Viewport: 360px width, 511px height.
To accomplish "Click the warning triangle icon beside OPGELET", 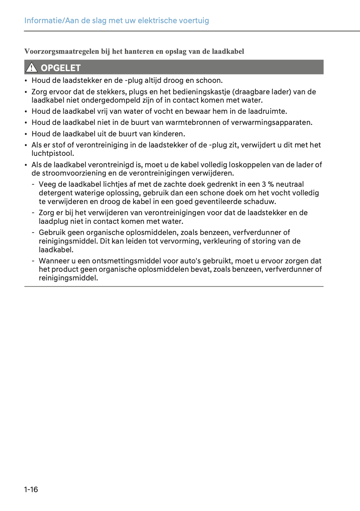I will click(x=32, y=67).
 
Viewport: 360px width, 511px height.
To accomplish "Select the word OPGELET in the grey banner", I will click(x=61, y=68).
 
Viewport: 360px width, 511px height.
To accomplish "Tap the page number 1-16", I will click(x=31, y=489).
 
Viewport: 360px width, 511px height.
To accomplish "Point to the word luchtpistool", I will click(x=53, y=153).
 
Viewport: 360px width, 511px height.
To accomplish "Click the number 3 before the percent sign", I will click(x=264, y=184).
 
